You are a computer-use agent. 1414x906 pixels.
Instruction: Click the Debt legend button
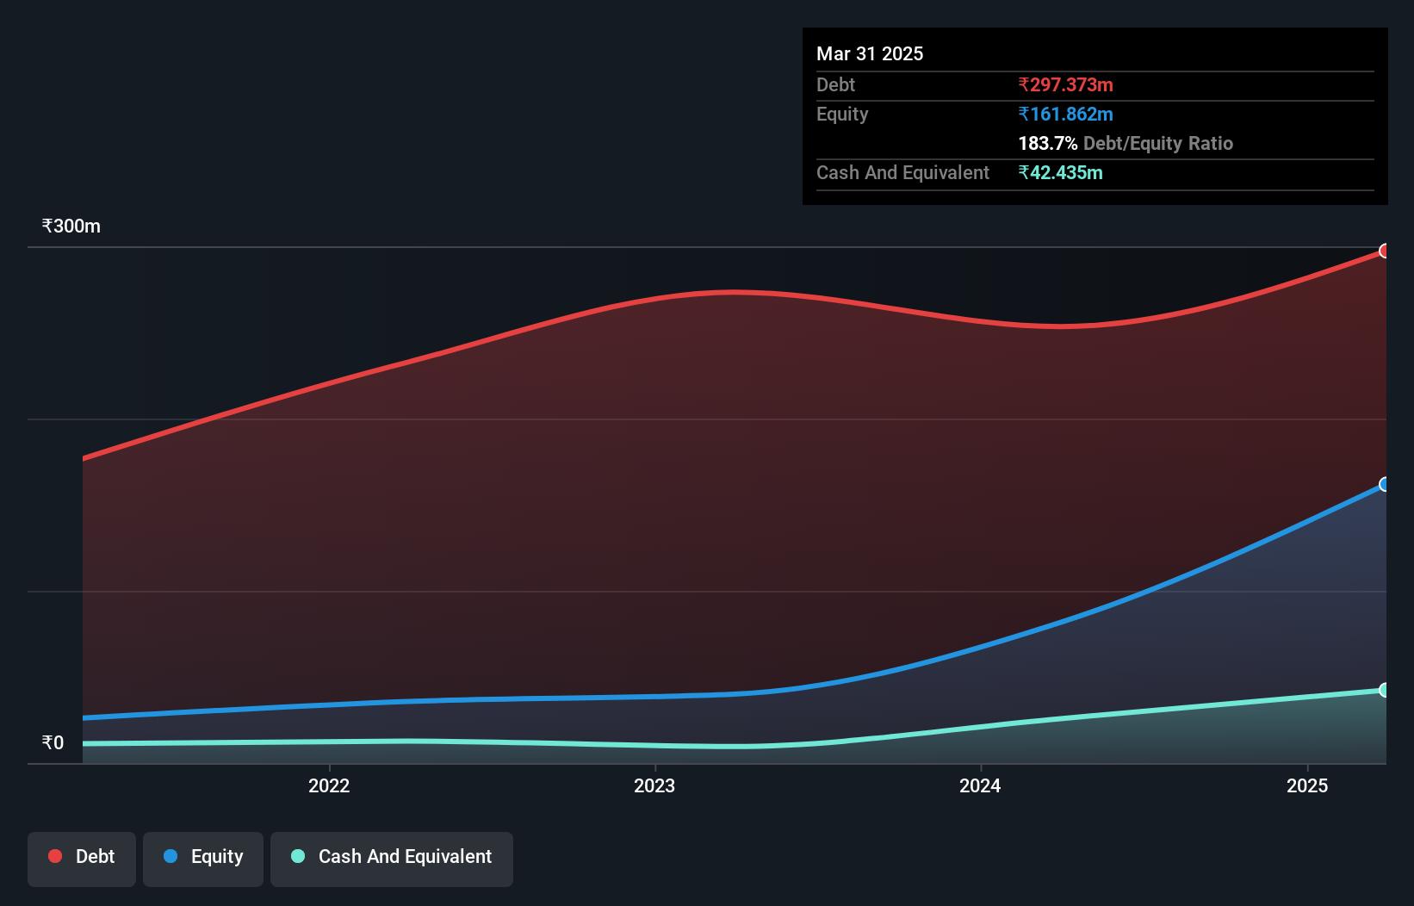pos(82,858)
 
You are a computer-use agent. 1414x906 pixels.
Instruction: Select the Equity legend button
pos(203,858)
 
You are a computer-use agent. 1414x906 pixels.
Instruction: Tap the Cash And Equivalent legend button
pos(392,858)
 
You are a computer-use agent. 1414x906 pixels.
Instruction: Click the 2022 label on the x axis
pos(329,786)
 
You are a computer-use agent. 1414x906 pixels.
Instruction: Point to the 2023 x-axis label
pos(654,786)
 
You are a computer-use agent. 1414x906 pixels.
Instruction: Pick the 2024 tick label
pos(980,786)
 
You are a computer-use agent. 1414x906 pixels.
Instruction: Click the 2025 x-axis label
pos(1307,786)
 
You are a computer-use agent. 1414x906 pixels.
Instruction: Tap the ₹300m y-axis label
pos(71,226)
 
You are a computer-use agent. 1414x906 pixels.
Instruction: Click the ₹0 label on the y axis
pos(53,743)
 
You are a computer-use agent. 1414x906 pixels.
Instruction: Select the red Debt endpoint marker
pos(1384,251)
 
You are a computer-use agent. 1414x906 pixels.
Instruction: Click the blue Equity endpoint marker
pos(1384,485)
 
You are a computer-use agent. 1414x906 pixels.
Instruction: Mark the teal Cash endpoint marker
pos(1384,691)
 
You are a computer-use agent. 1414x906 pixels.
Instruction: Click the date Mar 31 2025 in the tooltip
pos(870,54)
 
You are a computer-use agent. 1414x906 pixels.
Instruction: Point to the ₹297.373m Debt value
pos(1065,85)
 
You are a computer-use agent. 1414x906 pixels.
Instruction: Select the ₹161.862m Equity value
pos(1065,115)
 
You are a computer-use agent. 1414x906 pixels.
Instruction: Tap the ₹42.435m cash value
pos(1060,173)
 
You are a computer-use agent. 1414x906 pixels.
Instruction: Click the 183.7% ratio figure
pos(1047,144)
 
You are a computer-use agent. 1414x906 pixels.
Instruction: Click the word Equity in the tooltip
pos(842,115)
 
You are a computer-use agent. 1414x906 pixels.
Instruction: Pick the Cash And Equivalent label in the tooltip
pos(902,173)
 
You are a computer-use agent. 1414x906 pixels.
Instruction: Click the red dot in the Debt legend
pos(55,857)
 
